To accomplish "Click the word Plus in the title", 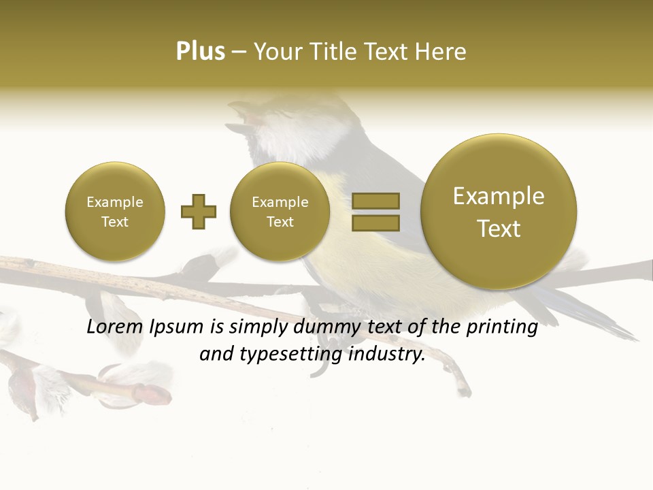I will [200, 52].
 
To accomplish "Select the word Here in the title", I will [443, 52].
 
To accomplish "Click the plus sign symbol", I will [198, 212].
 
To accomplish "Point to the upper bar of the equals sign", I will [375, 201].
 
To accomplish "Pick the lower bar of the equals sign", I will [375, 223].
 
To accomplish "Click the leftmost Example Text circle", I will [115, 212].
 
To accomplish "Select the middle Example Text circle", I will [280, 212].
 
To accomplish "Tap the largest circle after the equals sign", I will [499, 212].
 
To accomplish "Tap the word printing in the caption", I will [501, 327].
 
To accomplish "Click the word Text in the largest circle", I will [499, 229].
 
